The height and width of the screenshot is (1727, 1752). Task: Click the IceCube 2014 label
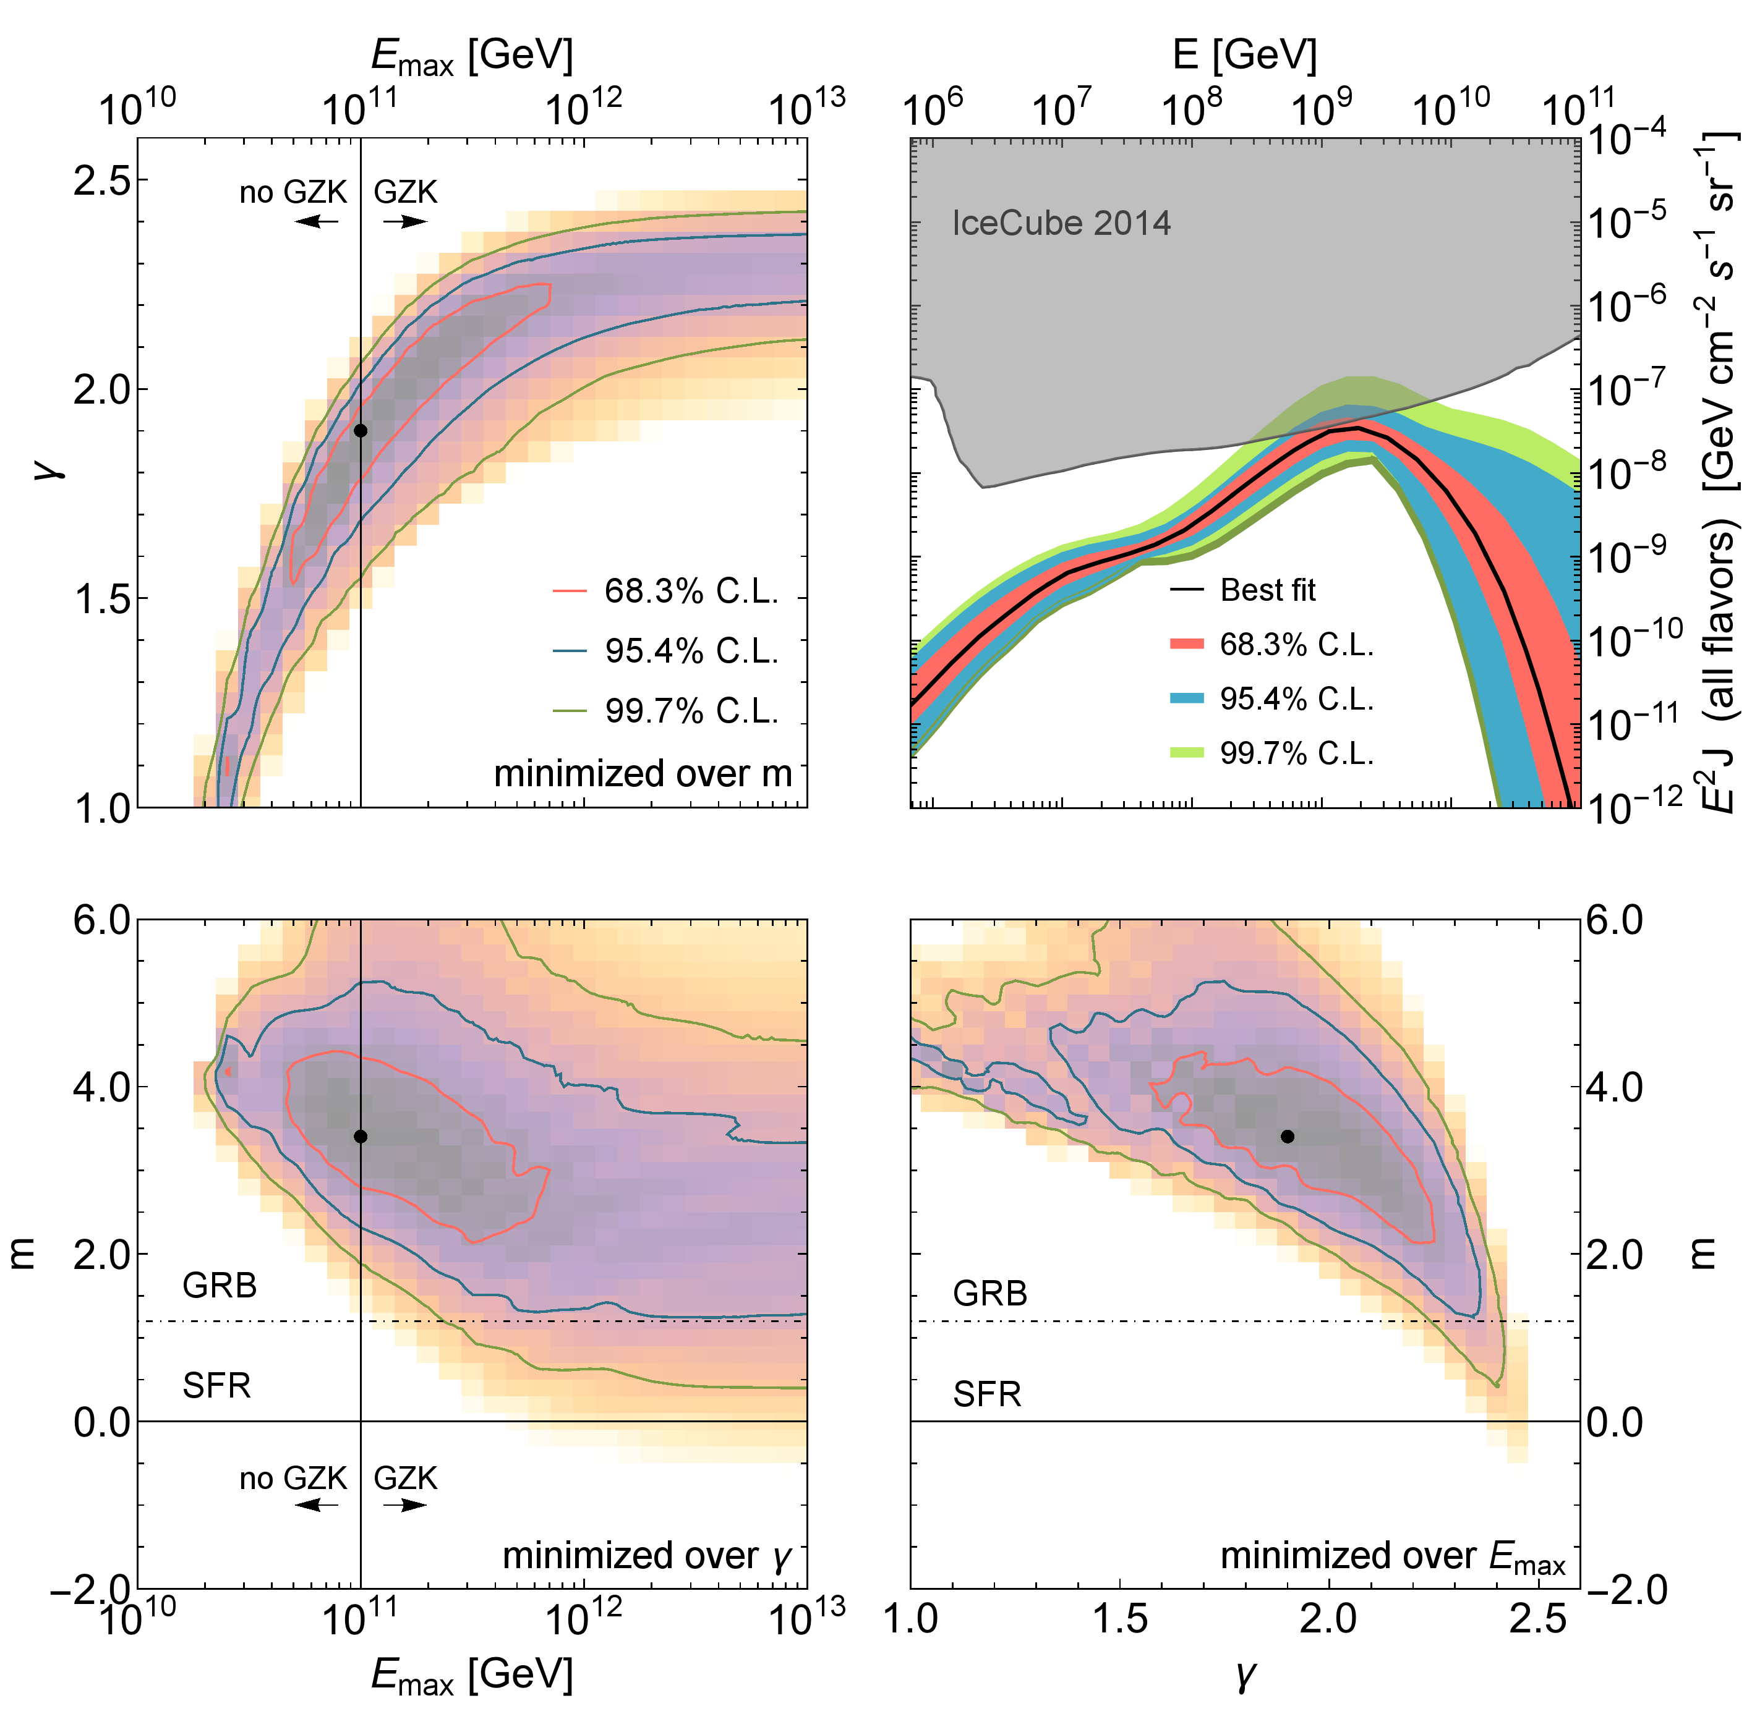pos(1061,223)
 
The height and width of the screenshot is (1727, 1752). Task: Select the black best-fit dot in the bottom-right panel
pos(1287,1136)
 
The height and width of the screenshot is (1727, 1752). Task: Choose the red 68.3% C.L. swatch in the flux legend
pos(1187,645)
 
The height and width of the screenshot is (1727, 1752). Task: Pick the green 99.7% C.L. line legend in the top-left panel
pos(573,711)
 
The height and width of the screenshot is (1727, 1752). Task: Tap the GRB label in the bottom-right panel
pos(989,1294)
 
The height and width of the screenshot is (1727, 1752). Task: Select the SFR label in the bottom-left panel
pos(216,1385)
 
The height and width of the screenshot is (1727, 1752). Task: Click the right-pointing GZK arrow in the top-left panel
pos(404,221)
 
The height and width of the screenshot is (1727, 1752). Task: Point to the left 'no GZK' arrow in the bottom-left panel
pos(317,1505)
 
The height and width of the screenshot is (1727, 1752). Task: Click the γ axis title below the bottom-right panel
pos(1244,1675)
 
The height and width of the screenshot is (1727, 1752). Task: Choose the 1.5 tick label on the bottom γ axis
pos(1120,1618)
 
